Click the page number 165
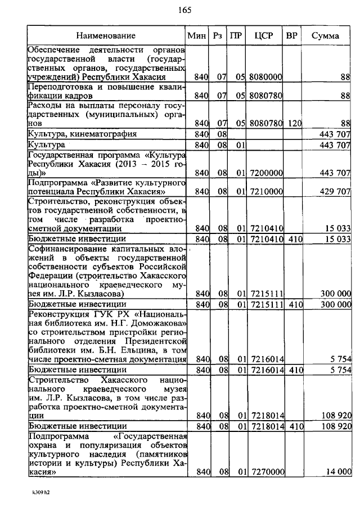point(184,10)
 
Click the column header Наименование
point(106,35)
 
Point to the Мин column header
point(197,35)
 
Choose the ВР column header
point(291,35)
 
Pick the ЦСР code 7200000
point(265,173)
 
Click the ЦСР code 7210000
point(265,192)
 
